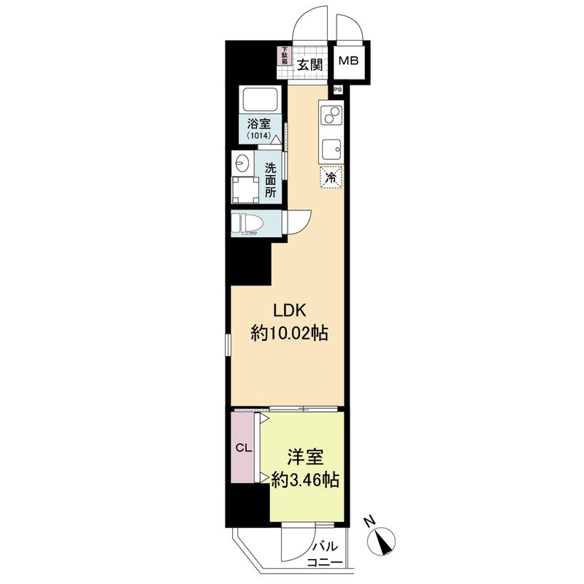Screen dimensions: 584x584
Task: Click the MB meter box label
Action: coord(347,61)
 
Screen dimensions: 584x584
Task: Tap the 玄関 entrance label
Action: coord(310,64)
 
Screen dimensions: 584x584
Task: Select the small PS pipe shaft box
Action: coord(337,90)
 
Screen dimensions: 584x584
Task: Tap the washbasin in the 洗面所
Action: coord(242,162)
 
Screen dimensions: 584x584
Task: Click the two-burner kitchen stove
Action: coord(331,117)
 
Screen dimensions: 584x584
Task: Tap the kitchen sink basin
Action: coord(331,150)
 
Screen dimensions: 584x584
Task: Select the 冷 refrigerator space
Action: coord(331,177)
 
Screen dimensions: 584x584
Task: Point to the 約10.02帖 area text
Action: coord(289,334)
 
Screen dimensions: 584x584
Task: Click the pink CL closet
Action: coord(243,447)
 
